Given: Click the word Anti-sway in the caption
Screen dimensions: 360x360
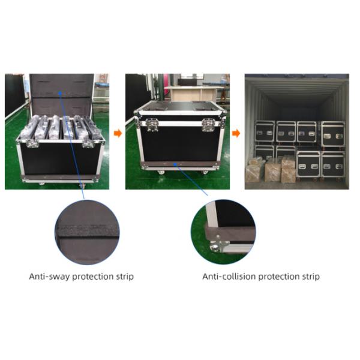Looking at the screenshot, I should point(47,277).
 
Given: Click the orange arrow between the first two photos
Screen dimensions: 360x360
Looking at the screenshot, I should point(118,133).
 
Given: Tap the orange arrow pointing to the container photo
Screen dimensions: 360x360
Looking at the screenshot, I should point(236,133).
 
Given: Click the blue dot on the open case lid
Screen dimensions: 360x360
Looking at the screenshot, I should point(61,94).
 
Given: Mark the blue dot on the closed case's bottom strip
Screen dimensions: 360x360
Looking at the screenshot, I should point(175,163).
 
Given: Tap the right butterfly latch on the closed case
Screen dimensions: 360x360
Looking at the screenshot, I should point(208,125).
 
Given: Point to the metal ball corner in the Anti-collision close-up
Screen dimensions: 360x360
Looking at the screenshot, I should point(215,247).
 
